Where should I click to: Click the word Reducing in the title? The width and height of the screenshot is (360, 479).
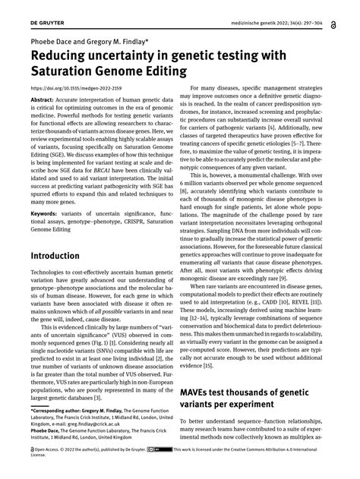pos(62,55)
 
